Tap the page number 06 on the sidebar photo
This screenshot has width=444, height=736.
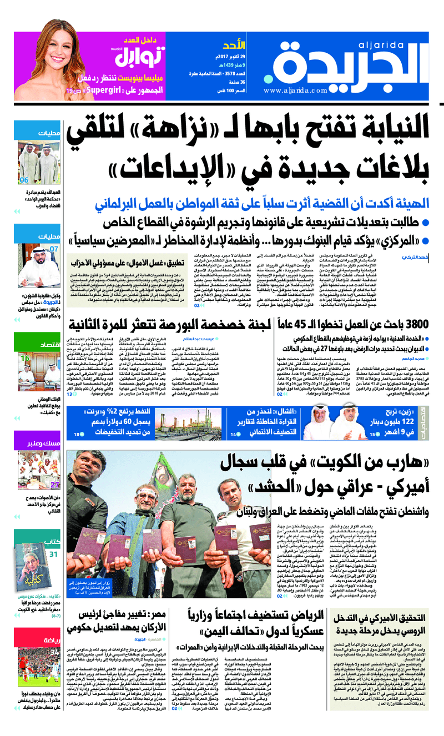24,180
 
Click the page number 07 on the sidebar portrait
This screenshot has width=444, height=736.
54,249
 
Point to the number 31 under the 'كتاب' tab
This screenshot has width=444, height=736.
53,554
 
